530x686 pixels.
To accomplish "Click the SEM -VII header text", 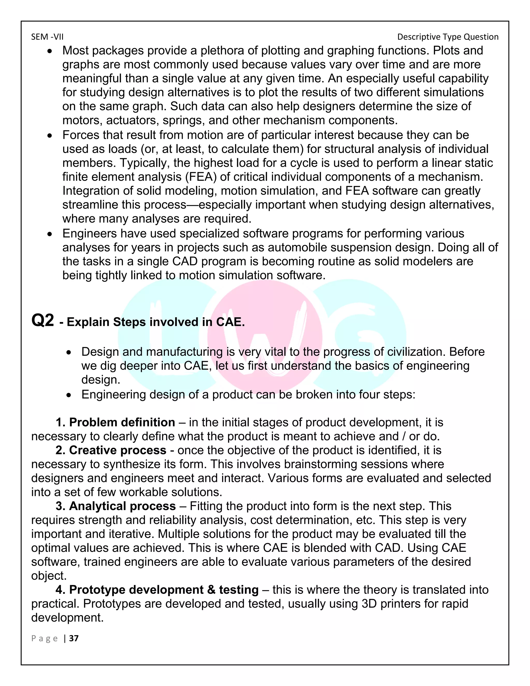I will point(47,37).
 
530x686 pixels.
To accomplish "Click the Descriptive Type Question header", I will point(448,37).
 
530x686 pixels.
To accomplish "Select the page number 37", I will point(74,638).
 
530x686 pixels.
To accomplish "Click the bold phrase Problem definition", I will point(122,422).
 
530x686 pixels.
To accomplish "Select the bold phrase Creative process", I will point(117,450).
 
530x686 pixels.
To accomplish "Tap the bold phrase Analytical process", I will point(122,506).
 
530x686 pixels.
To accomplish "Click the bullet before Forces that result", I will point(50,136).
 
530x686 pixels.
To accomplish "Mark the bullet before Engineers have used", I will point(50,234).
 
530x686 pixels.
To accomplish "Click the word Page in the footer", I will point(45,638).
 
